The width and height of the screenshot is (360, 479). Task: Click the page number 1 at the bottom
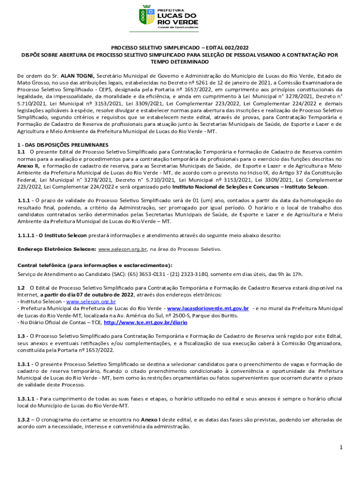(x=342, y=448)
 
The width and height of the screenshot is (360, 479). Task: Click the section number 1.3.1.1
(x=26, y=399)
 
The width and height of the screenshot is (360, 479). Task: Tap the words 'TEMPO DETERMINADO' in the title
(x=180, y=62)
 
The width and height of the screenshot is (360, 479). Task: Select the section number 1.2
(x=21, y=288)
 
